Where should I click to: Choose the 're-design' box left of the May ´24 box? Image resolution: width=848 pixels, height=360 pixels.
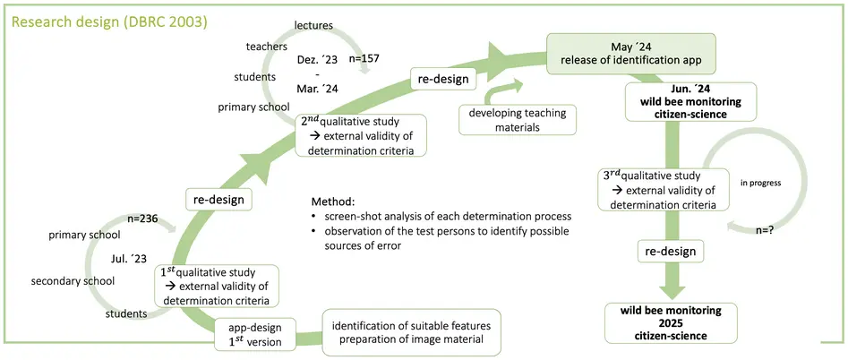443,79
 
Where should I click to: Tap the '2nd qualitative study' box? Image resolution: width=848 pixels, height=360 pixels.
364,135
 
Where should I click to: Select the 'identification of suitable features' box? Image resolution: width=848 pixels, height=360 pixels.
412,332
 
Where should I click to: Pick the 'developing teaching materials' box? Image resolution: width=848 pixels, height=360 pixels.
517,120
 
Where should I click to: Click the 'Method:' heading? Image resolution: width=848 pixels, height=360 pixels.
333,201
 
